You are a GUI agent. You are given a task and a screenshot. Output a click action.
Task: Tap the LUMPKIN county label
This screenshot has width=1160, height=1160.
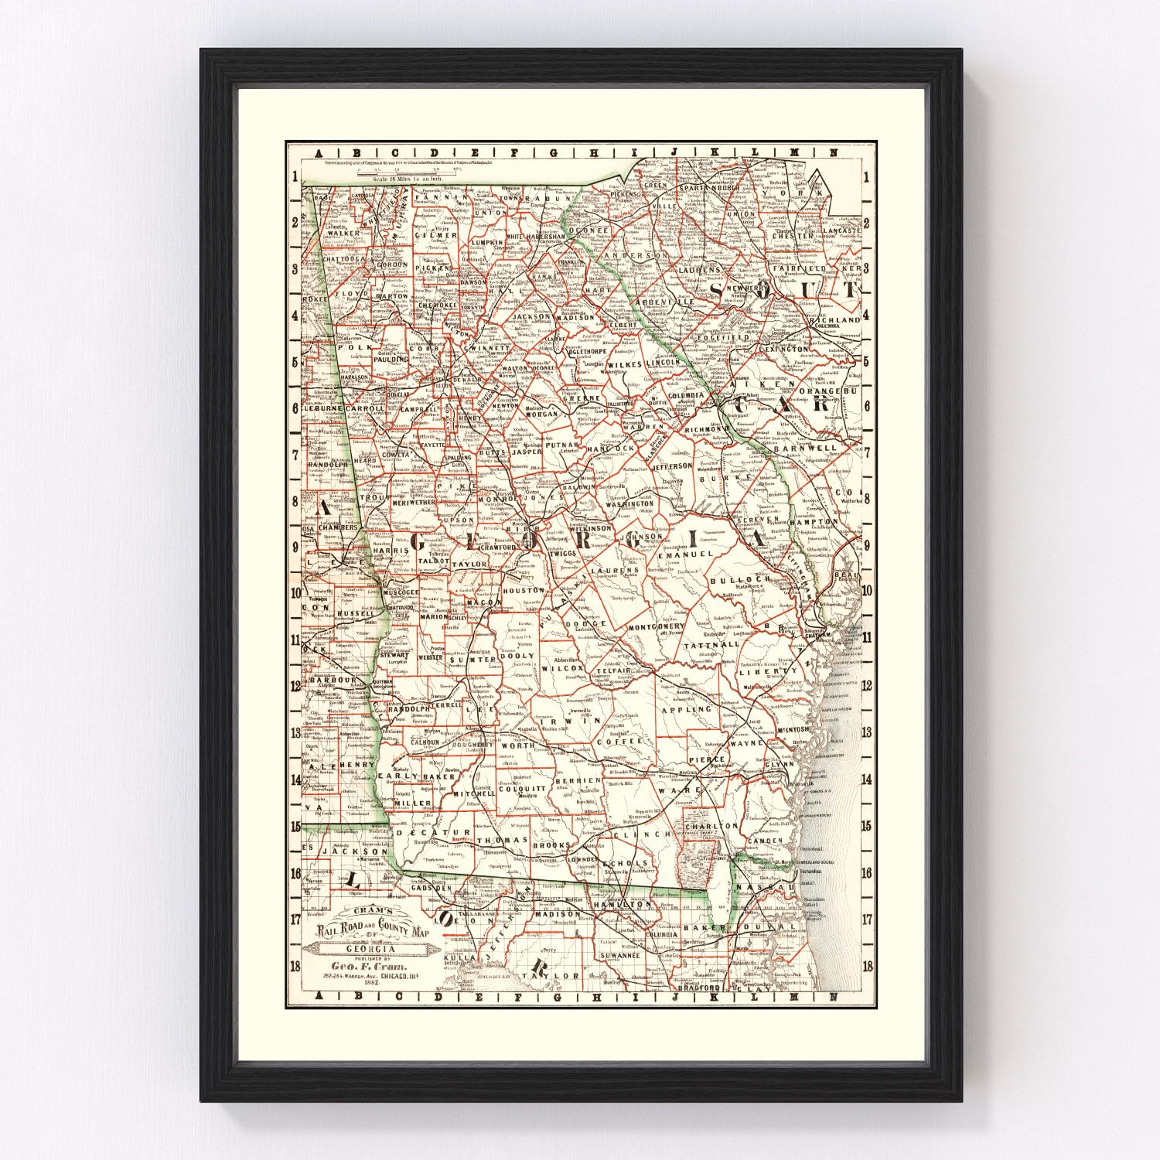click(486, 242)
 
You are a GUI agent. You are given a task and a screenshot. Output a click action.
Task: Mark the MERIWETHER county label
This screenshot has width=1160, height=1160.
click(415, 502)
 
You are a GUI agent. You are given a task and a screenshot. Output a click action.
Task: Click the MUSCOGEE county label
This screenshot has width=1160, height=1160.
click(398, 592)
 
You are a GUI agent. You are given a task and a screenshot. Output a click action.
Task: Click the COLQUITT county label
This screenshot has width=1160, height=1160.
click(522, 789)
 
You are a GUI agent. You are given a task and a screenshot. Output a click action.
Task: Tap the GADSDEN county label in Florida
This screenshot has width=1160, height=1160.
click(430, 889)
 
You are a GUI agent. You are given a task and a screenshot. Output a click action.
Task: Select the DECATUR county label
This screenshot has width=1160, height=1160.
click(418, 833)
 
